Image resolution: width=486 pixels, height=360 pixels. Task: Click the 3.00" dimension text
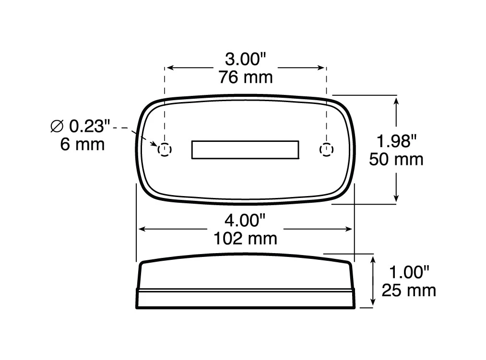point(246,60)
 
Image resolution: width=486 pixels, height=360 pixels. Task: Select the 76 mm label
point(246,77)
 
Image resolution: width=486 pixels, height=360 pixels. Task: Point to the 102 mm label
point(246,238)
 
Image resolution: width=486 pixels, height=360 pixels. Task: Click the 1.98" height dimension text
point(396,141)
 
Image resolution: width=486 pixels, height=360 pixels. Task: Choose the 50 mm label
point(396,159)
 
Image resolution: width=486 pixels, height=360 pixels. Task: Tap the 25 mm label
point(409,290)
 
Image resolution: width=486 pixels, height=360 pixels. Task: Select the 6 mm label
point(83,144)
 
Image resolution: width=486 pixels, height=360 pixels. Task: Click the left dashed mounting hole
point(165,150)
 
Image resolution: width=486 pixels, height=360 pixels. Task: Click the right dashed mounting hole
point(326,150)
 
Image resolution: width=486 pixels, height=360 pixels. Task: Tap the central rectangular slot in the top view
point(245,150)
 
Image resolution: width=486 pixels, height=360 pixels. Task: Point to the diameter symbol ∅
point(57,127)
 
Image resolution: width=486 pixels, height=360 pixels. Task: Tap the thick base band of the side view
point(246,299)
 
